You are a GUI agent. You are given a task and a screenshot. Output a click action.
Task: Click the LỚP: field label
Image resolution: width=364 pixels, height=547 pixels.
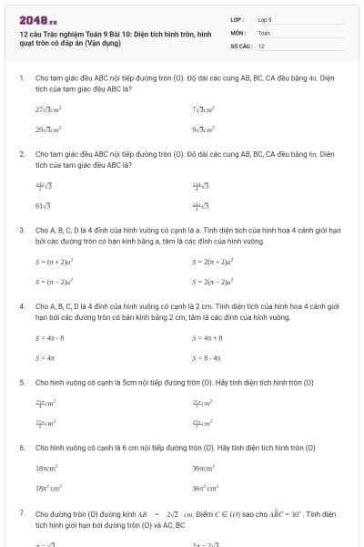(237, 18)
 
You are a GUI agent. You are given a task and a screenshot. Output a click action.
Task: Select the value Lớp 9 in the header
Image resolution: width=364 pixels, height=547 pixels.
(265, 18)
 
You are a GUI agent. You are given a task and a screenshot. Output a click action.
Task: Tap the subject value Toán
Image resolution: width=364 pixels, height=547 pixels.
(264, 32)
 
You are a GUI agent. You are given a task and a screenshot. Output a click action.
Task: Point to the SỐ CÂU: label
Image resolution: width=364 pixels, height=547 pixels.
(239, 45)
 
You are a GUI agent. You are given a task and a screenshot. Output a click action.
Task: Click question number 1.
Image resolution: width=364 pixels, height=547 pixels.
(21, 79)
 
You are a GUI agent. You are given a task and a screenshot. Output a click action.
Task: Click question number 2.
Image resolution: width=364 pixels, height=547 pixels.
(21, 155)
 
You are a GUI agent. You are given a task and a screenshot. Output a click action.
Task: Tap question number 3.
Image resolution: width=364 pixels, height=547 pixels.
(21, 231)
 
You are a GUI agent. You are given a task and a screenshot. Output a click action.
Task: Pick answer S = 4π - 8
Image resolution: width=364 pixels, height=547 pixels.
(51, 337)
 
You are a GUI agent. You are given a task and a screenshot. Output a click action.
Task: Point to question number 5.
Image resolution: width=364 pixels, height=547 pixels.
(21, 382)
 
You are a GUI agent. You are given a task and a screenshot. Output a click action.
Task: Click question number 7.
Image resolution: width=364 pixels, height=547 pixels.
(21, 513)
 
